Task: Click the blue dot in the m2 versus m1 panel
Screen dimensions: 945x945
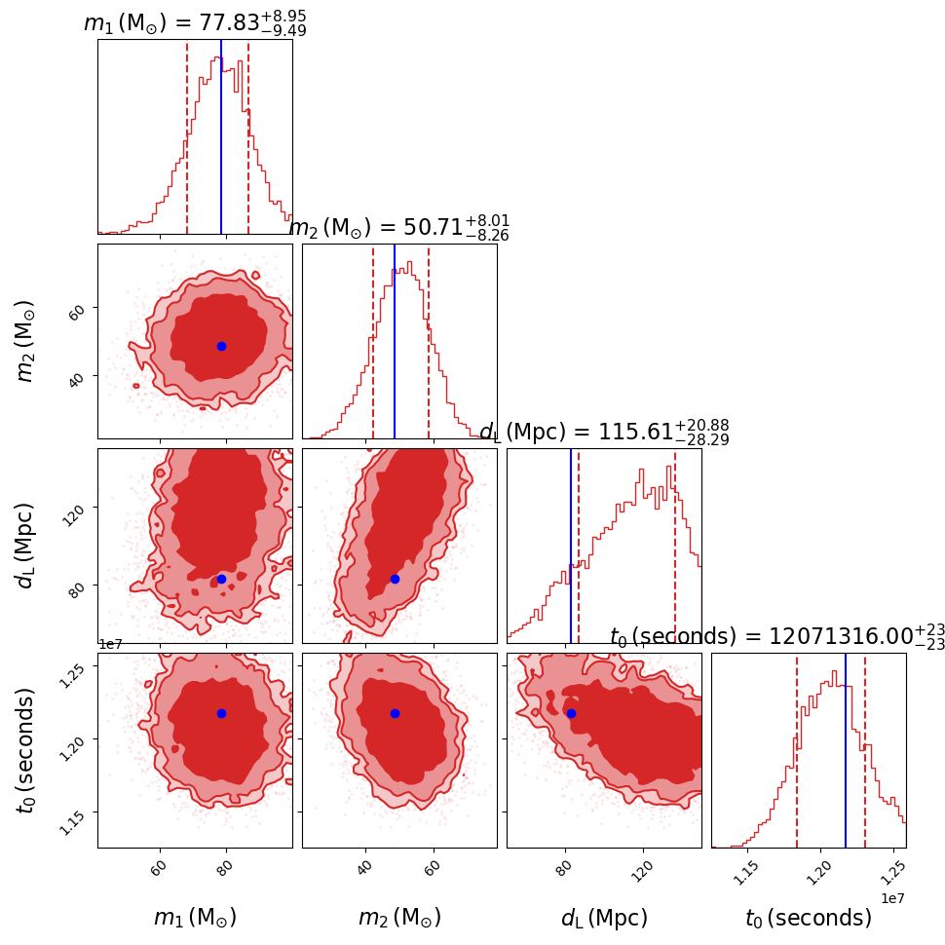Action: (x=221, y=346)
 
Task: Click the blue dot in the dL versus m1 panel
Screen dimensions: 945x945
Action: (x=221, y=579)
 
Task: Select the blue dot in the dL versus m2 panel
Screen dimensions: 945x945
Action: (x=395, y=579)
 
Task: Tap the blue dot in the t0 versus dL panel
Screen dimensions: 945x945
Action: (x=571, y=713)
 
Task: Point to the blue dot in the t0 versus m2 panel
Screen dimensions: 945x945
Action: (x=395, y=713)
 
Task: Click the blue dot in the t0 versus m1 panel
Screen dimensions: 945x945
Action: (x=221, y=713)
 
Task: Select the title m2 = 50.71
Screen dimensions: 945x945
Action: (x=399, y=228)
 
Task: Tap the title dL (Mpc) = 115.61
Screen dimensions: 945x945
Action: (x=604, y=433)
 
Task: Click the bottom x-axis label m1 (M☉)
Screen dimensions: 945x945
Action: (x=195, y=918)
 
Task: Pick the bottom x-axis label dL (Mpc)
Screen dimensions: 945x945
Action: (x=604, y=918)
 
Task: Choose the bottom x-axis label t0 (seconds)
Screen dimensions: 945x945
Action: (x=809, y=918)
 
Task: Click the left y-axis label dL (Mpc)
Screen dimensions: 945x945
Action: (x=26, y=546)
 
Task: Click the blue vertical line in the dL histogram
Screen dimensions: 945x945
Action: (x=571, y=546)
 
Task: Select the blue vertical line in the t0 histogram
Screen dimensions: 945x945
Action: (x=846, y=750)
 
